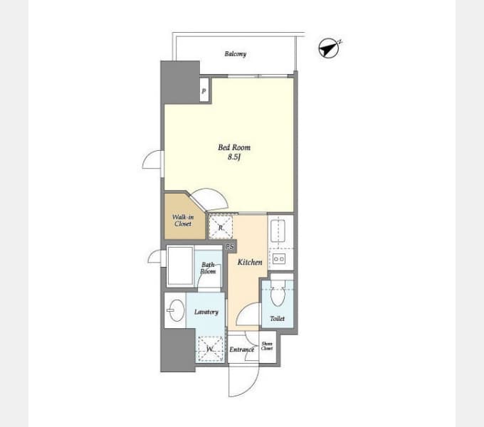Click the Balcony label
[235, 54]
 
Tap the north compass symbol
[330, 48]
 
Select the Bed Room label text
[234, 147]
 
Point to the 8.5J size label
[234, 157]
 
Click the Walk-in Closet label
[183, 221]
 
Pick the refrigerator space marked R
[221, 228]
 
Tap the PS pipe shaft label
[230, 247]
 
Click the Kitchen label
[250, 262]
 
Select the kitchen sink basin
[278, 231]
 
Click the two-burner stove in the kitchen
[279, 258]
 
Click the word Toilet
[277, 318]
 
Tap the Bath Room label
[208, 268]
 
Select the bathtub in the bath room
[180, 266]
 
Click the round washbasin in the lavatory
[177, 310]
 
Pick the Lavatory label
[206, 312]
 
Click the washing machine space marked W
[211, 349]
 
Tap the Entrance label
[242, 349]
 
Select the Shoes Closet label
[267, 346]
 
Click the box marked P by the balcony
[204, 90]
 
